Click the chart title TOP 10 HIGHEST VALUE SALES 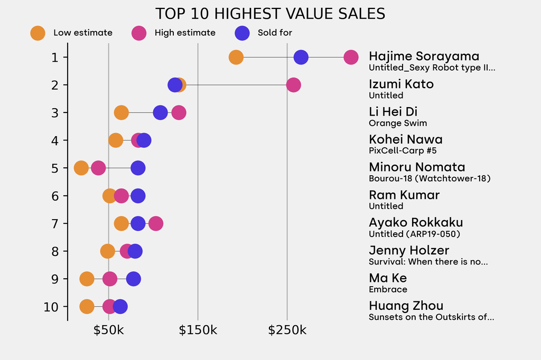270,14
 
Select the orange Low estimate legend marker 38,33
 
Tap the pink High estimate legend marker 139,33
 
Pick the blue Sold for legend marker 242,33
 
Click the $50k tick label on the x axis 108,331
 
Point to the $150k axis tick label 198,331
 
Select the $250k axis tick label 287,331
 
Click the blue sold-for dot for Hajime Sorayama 301,57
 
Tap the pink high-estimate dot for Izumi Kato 293,85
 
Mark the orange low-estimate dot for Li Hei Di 121,112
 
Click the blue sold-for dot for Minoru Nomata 138,168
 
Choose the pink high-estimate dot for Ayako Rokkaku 155,224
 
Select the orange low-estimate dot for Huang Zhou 87,307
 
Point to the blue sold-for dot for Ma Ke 134,279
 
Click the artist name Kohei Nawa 405,139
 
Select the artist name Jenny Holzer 409,250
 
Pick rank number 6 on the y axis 55,196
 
